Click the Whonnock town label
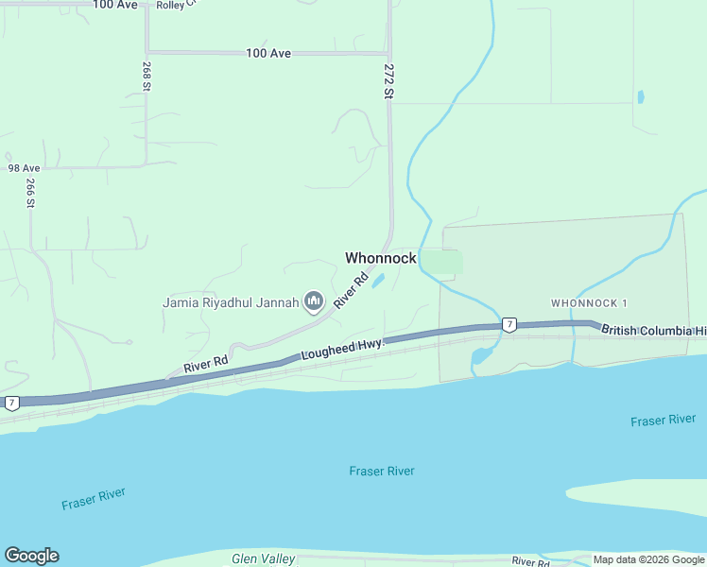coord(380,258)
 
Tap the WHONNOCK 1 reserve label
coord(590,302)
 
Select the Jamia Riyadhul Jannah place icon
coord(314,302)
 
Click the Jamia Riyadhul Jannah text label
coord(231,302)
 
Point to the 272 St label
coord(388,81)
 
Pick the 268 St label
coord(147,77)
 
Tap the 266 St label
coord(30,193)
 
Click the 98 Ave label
coord(24,167)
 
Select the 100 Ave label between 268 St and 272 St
coord(268,54)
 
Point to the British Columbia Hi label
coord(653,331)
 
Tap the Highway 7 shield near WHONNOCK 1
coord(509,325)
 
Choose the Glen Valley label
coord(264,558)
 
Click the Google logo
coord(31,556)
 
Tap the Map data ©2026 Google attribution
coord(648,559)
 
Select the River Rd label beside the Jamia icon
coord(350,291)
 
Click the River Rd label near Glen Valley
coord(530,561)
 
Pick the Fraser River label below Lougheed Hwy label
coord(381,471)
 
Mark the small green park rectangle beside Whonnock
coord(440,262)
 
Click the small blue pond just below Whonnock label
coord(378,281)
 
